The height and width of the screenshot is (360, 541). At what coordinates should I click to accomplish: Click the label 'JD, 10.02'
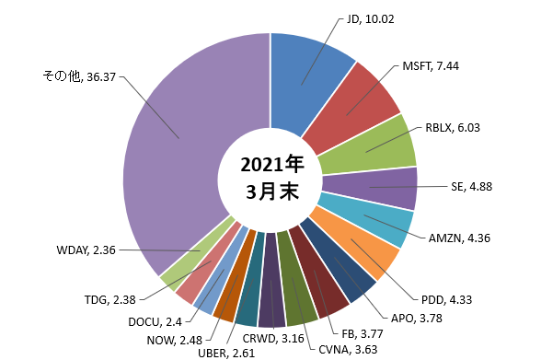point(370,19)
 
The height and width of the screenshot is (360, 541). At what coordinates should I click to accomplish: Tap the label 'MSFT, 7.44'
point(431,66)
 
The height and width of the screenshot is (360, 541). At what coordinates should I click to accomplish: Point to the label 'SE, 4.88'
point(471,187)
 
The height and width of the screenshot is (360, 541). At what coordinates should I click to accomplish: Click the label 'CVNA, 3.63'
point(348,350)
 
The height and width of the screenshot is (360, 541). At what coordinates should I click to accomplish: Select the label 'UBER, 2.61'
point(226,354)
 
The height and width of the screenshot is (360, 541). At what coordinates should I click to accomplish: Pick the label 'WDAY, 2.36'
point(86,250)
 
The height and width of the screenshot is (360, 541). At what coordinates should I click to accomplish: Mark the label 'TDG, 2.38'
point(110,299)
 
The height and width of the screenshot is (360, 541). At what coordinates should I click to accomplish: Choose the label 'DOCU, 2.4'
point(155,322)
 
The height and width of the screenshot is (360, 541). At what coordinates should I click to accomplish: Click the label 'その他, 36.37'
point(79,76)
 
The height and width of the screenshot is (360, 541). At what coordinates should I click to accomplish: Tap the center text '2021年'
point(272,164)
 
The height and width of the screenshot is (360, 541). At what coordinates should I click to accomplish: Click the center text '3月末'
point(272,191)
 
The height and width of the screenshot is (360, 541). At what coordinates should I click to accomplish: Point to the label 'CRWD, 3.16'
point(273,339)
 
